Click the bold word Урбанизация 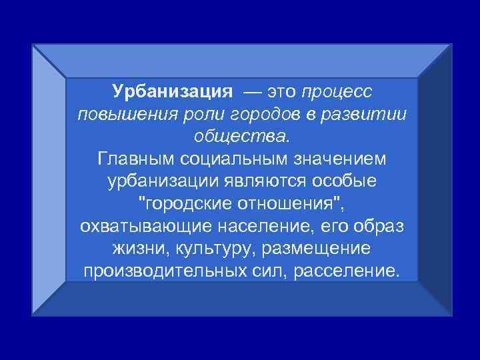point(171,90)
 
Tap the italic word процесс point(340,90)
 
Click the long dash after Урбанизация point(255,90)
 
